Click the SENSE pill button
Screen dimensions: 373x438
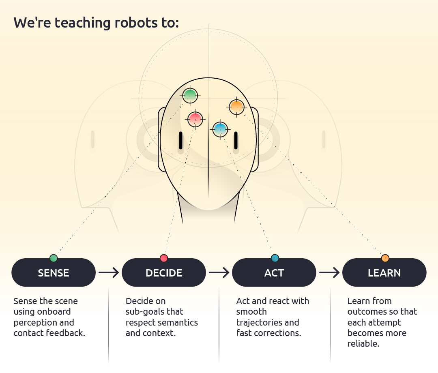pos(54,272)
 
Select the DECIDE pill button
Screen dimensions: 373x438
pos(164,272)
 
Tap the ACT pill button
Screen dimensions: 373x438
pos(274,272)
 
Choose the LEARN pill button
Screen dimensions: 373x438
pos(384,272)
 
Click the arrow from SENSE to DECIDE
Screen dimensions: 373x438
pos(109,272)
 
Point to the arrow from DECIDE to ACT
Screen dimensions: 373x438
pos(219,272)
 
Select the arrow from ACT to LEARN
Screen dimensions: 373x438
pos(329,272)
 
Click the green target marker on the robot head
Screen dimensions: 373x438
pos(190,96)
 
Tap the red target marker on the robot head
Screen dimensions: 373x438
pos(195,119)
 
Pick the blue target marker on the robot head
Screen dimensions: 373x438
pos(220,129)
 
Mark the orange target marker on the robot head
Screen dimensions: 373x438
pos(236,107)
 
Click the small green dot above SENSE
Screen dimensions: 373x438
pos(54,258)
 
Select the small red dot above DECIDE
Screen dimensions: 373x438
pos(164,258)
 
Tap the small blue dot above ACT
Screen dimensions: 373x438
pos(275,258)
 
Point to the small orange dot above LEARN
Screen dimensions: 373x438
pos(385,258)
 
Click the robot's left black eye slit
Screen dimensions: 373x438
pos(180,140)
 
